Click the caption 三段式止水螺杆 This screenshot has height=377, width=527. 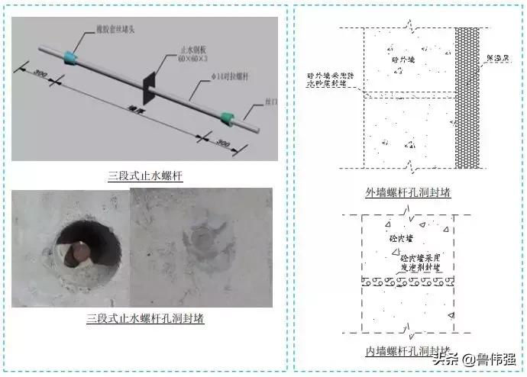[x=145, y=176]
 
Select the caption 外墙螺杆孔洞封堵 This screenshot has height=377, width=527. [x=408, y=193]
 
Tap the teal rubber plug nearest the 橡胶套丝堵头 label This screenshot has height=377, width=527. [x=72, y=56]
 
